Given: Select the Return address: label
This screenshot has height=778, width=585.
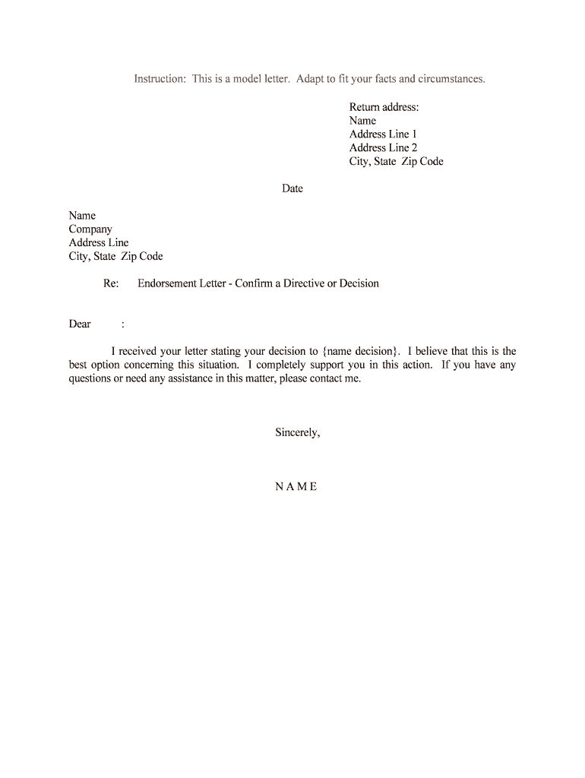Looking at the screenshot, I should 384,107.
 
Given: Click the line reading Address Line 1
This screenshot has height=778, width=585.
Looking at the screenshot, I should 383,134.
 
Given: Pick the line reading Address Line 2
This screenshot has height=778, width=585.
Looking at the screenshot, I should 383,148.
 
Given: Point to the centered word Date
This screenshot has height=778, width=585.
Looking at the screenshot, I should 292,189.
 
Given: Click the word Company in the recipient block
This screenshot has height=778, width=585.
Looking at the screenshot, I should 90,229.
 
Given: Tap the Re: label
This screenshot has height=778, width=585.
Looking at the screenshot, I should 111,284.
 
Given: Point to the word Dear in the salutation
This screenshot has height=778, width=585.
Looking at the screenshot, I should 80,324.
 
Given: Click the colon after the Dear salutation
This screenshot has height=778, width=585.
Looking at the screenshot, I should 123,324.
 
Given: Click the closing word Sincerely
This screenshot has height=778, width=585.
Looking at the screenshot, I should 297,433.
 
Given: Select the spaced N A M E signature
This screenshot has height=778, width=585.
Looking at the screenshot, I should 296,487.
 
